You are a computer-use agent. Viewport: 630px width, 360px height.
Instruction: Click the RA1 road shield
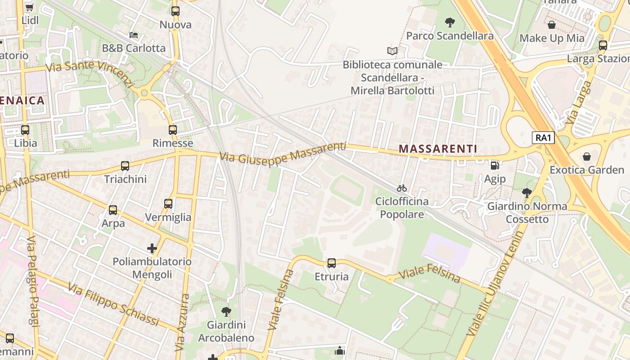click(543, 138)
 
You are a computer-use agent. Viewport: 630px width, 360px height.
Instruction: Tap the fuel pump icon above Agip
click(495, 166)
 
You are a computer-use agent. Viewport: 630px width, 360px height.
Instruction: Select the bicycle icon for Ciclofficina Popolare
click(402, 188)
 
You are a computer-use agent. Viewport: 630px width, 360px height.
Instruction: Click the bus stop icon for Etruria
click(332, 263)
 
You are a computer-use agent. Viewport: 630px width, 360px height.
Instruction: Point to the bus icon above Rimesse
click(173, 130)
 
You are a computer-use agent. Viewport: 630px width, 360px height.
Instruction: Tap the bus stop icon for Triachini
click(125, 166)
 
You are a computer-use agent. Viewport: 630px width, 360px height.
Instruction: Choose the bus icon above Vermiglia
click(168, 204)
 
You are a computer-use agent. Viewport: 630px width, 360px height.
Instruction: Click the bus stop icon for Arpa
click(113, 210)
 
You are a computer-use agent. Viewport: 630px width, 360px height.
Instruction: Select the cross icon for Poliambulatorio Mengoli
click(152, 248)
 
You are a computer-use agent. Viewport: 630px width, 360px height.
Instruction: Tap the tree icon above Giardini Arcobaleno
click(226, 311)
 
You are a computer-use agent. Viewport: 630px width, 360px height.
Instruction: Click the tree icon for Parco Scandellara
click(450, 22)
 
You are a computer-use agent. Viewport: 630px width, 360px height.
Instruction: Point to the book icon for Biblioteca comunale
click(392, 51)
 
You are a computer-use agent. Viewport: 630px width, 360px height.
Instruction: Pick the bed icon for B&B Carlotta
click(134, 35)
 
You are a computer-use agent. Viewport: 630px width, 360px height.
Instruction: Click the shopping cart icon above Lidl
click(30, 7)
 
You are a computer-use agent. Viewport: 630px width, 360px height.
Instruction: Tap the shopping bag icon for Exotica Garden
click(587, 157)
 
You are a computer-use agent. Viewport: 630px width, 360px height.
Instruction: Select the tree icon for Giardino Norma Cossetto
click(526, 193)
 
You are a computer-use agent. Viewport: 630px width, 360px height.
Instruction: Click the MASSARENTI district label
click(438, 148)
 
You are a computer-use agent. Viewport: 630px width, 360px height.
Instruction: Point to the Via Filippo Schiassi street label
click(113, 304)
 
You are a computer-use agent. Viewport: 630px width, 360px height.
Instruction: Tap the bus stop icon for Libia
click(25, 130)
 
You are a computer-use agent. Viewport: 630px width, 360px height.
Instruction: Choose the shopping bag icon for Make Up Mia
click(552, 25)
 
